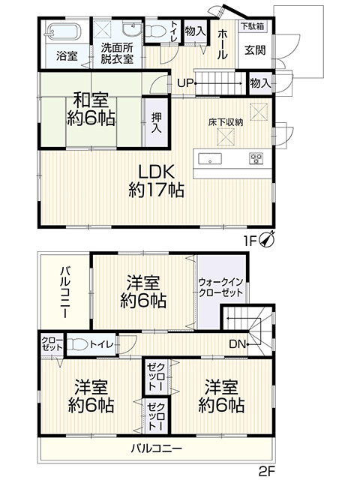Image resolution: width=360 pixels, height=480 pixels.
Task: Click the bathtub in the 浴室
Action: pyautogui.click(x=64, y=31)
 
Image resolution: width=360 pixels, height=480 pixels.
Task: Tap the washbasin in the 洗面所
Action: pyautogui.click(x=132, y=29)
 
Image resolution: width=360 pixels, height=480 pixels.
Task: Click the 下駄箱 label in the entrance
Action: pyautogui.click(x=252, y=26)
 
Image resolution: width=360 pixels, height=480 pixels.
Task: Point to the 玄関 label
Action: pyautogui.click(x=255, y=50)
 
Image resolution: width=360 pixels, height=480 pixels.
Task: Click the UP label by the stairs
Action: pyautogui.click(x=185, y=83)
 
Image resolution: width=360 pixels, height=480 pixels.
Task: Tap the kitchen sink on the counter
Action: pyautogui.click(x=210, y=159)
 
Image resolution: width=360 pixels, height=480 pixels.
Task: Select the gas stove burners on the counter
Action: pyautogui.click(x=256, y=158)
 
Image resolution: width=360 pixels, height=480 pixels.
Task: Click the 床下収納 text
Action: pyautogui.click(x=226, y=123)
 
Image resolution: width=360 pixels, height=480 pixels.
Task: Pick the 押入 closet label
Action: pyautogui.click(x=157, y=122)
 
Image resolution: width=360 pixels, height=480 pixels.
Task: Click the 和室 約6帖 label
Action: pyautogui.click(x=91, y=109)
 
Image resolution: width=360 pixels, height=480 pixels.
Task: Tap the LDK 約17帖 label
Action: pyautogui.click(x=156, y=181)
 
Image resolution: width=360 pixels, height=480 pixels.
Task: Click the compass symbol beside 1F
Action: pyautogui.click(x=267, y=240)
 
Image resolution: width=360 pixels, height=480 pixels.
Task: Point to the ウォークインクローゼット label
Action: pyautogui.click(x=220, y=287)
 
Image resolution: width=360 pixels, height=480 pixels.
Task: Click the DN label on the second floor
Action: pyautogui.click(x=238, y=344)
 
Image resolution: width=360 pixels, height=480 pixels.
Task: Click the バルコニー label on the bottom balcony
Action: pyautogui.click(x=157, y=448)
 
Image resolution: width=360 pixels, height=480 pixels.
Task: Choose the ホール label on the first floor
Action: pyautogui.click(x=223, y=44)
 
